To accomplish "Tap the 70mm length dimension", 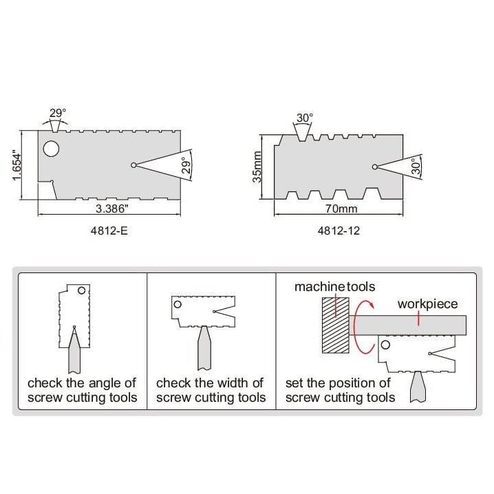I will coord(338,208).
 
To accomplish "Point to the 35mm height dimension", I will coord(257,167).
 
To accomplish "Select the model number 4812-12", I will coord(338,231).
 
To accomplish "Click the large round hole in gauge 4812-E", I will coord(50,149).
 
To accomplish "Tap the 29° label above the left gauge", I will coord(58,113).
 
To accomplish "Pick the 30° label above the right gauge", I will coord(304,118).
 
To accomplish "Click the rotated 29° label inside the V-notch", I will coord(184,165).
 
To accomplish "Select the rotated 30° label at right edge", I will coord(414,167).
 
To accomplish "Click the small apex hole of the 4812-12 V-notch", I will coord(374,167).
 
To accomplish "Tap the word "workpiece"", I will coord(427,304).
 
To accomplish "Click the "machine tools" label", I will coord(335,286).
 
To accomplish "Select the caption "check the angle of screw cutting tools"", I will coord(82,390).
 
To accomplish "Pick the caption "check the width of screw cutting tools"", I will coord(211,390).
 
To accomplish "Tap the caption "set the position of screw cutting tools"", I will coord(340,390).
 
